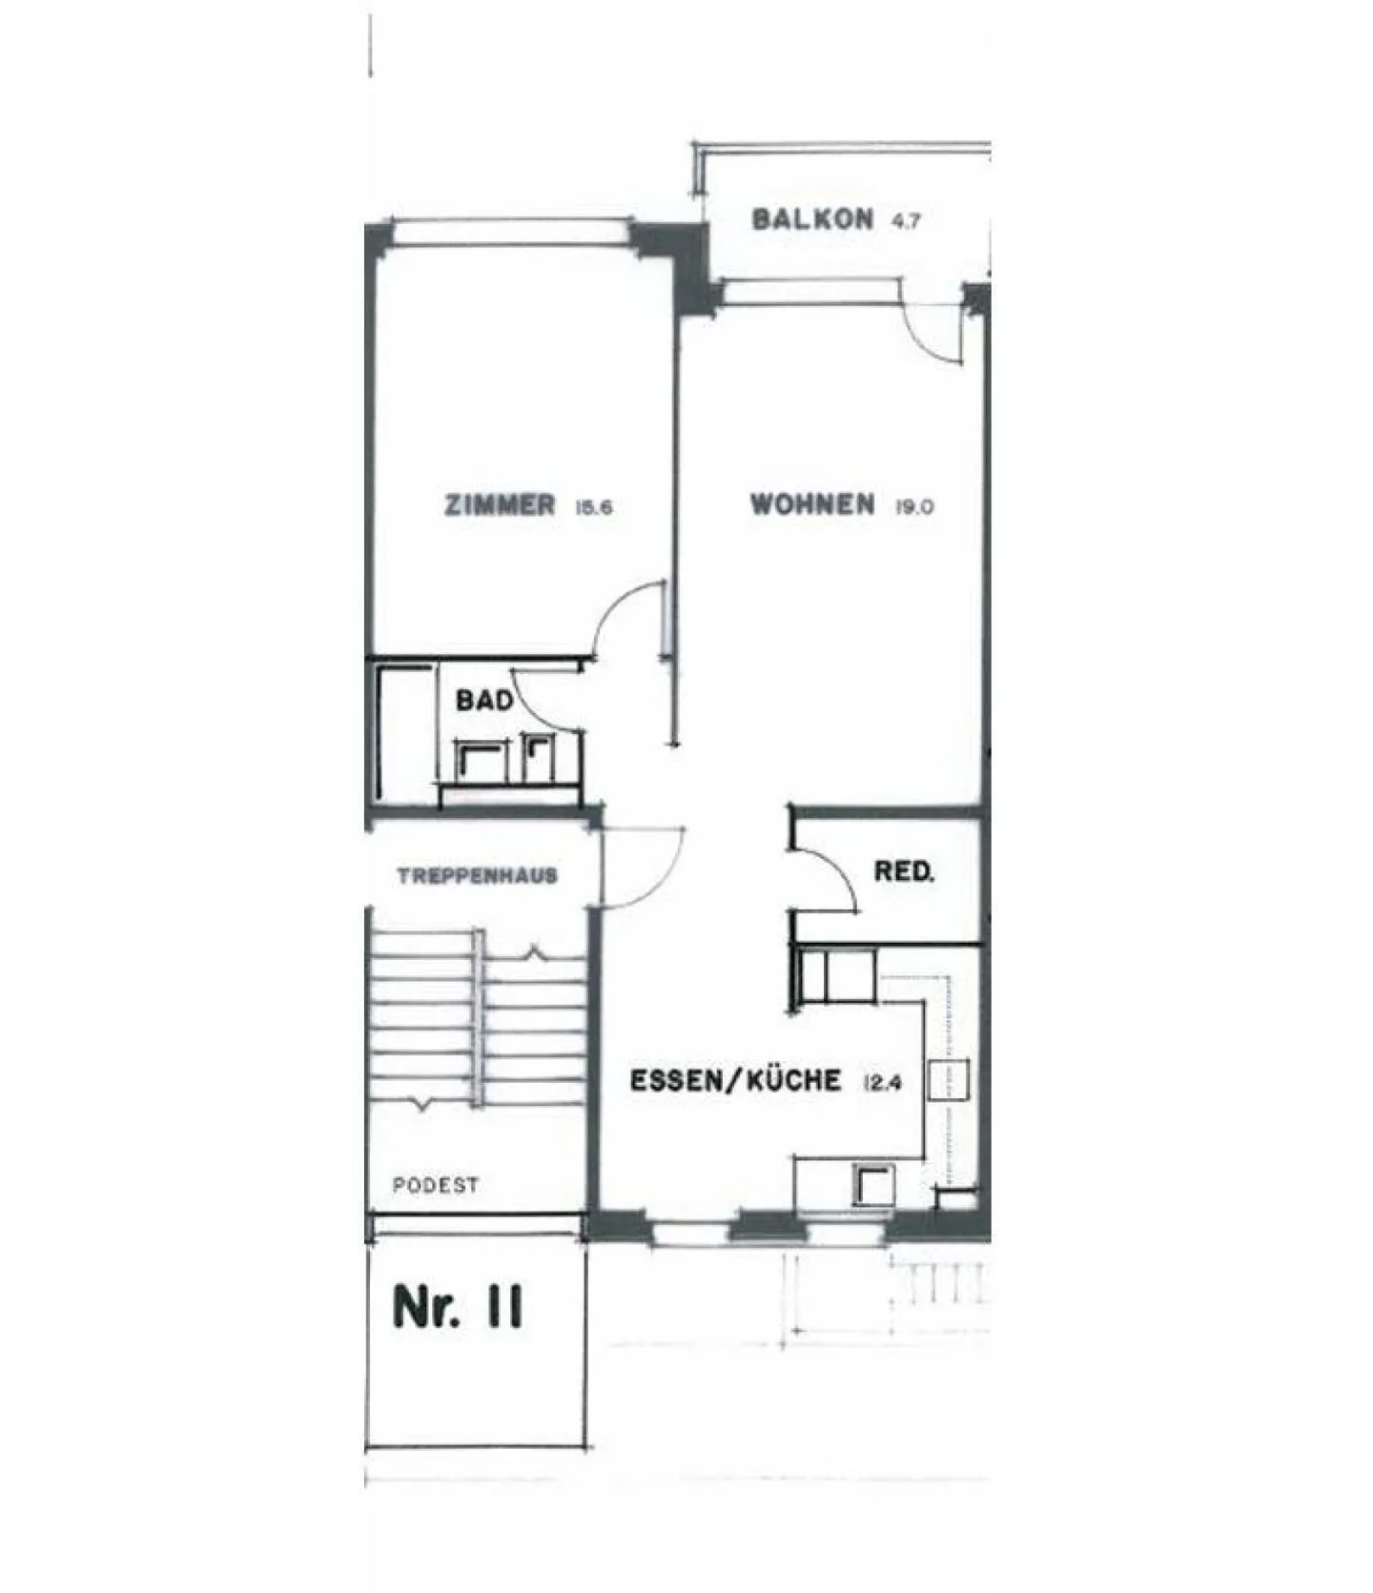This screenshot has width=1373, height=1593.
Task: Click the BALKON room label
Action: click(x=812, y=219)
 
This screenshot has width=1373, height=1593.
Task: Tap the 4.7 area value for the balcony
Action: click(x=906, y=221)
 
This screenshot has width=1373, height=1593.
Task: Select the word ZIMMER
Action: click(x=500, y=504)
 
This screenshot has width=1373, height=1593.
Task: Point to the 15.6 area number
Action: click(x=593, y=507)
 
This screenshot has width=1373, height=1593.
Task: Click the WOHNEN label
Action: click(x=812, y=504)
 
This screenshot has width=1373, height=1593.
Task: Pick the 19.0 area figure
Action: click(x=913, y=507)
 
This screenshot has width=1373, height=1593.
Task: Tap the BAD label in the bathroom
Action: click(x=484, y=701)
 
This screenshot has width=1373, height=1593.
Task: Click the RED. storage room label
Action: click(x=904, y=871)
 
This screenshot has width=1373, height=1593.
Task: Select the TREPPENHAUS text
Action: click(x=478, y=876)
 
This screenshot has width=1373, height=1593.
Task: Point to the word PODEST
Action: click(x=436, y=1186)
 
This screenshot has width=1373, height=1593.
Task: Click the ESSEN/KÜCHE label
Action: click(x=736, y=1081)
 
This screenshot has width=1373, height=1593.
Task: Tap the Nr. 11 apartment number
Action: click(x=458, y=1307)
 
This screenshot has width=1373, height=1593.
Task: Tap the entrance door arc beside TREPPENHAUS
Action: click(x=666, y=879)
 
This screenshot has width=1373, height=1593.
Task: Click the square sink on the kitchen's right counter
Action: click(x=950, y=1081)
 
